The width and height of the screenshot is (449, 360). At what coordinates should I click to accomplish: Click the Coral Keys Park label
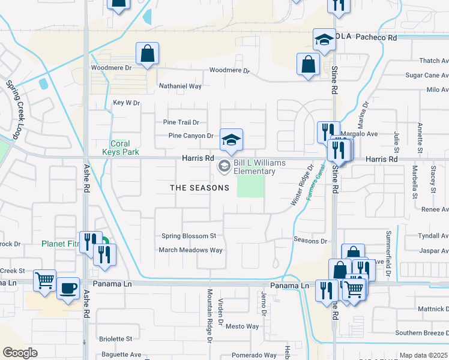125,148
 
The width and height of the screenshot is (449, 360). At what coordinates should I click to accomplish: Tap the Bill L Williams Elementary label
254,167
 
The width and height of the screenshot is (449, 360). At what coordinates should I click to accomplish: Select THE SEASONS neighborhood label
199,188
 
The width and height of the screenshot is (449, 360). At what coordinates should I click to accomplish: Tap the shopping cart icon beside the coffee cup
45,280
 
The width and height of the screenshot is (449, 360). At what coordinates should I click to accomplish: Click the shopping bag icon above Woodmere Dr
147,53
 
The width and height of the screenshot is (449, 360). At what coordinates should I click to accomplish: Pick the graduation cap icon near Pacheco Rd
324,40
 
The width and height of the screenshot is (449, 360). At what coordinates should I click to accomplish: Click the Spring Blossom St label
188,236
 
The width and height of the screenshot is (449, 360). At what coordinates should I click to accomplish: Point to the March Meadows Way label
190,250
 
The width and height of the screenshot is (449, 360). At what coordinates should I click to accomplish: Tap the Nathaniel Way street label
179,86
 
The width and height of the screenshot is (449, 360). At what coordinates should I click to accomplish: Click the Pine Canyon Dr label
191,136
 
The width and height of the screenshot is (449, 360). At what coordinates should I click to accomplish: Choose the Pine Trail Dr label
181,122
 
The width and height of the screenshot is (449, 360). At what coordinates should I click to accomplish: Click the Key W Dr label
126,103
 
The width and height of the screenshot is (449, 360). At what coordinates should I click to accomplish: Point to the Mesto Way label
242,327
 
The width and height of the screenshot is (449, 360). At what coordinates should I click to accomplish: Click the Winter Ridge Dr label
303,186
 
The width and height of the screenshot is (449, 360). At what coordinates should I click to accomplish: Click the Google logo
20,353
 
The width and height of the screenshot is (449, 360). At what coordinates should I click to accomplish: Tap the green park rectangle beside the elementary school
250,188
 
